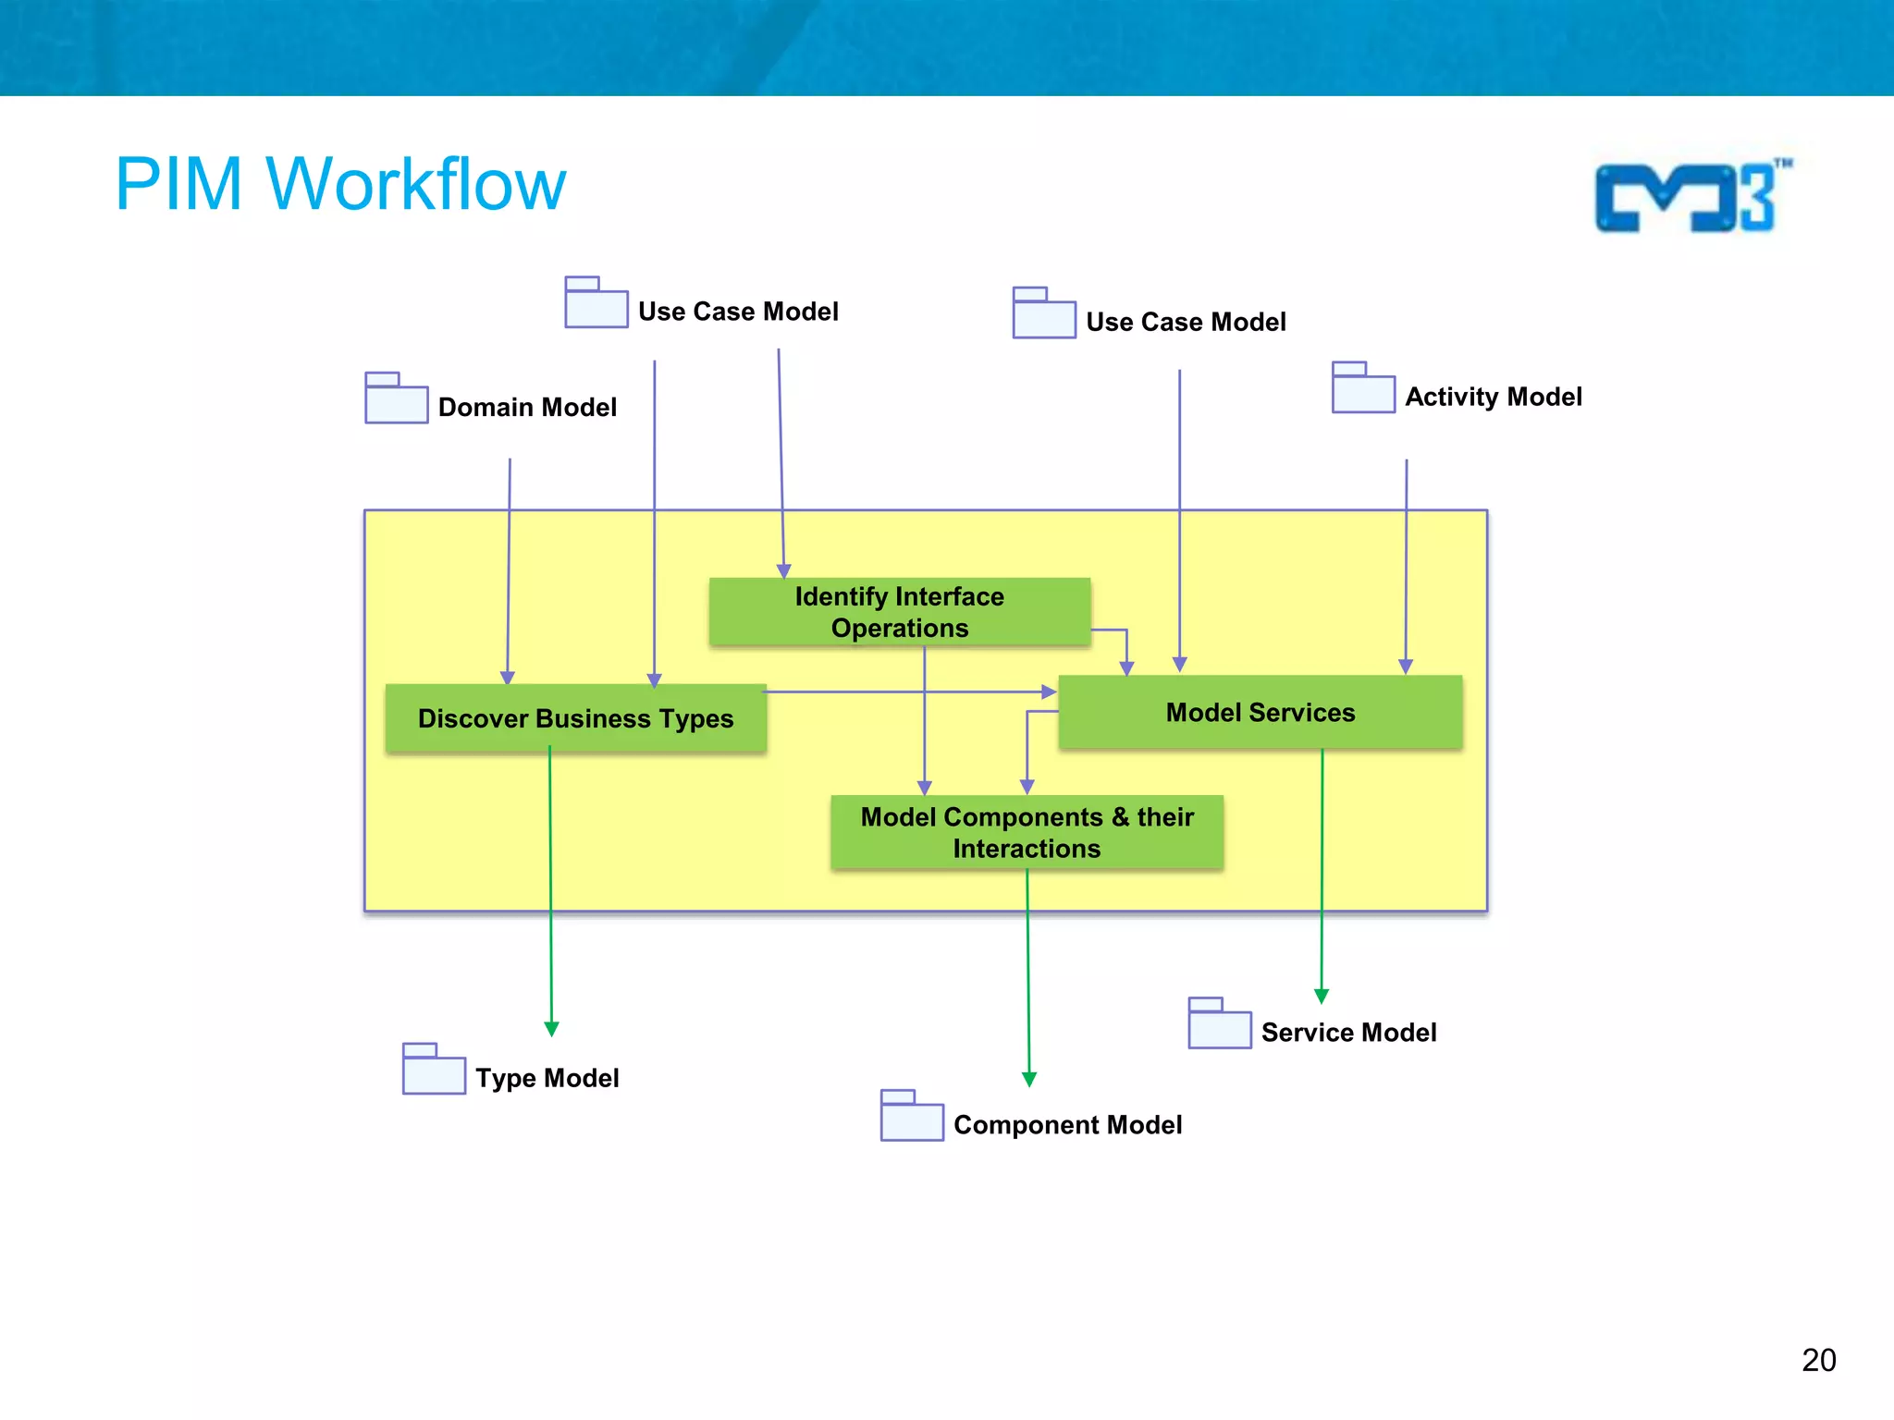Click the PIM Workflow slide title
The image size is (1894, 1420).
point(339,184)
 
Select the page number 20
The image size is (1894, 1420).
point(1818,1360)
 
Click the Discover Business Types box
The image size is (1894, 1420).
point(575,718)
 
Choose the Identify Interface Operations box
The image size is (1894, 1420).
point(899,612)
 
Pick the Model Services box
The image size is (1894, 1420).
point(1260,712)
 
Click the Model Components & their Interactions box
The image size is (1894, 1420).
point(1027,832)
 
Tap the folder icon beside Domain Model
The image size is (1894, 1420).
point(396,398)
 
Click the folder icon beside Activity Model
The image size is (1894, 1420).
point(1363,388)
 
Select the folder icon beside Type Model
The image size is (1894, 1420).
point(434,1070)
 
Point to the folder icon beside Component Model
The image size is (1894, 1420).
point(912,1116)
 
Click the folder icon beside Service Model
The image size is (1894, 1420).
point(1219,1023)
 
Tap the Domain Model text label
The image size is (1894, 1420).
point(527,407)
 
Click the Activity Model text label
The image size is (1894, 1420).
point(1493,397)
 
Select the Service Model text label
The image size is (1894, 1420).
point(1348,1032)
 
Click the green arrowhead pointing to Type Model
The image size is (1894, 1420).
point(551,1029)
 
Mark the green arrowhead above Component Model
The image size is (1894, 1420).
point(1029,1079)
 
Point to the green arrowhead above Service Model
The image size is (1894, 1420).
point(1322,996)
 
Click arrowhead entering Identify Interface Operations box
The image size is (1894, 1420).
point(783,571)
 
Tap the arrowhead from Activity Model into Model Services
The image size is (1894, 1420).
point(1406,667)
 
